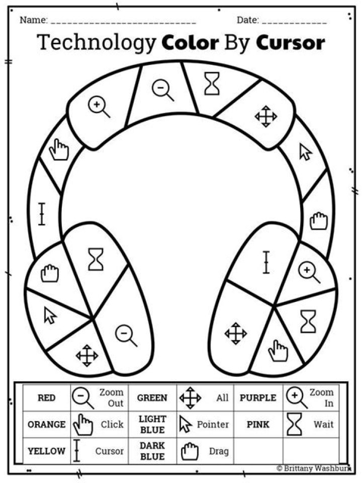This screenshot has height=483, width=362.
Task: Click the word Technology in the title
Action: coord(96,42)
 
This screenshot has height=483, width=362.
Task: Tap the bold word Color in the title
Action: coord(190,42)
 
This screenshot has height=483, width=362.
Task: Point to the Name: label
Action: coord(34,20)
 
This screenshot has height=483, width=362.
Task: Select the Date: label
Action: coord(247,20)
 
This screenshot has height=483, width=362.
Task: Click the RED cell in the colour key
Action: coord(46,397)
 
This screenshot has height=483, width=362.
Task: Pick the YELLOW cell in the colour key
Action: coord(46,451)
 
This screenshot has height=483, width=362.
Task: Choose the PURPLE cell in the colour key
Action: coord(258,397)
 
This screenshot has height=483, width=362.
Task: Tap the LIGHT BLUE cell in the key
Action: coord(152,425)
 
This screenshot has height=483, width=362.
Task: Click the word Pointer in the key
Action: coord(213,425)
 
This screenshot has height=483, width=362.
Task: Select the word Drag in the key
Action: coord(219,451)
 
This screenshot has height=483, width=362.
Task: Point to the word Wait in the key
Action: coord(323,425)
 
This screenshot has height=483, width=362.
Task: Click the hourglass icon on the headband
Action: coord(212,84)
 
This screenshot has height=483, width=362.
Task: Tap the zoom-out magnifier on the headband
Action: coord(163,90)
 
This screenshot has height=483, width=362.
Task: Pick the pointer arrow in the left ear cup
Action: coord(50,315)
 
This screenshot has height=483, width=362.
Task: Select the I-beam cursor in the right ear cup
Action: coord(266,263)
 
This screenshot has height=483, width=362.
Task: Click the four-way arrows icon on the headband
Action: coord(266,116)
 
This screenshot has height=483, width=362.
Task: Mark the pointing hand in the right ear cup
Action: coord(278,351)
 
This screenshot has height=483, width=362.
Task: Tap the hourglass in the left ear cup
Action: coord(96,260)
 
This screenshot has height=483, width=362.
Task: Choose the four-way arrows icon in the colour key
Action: coord(190,397)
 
